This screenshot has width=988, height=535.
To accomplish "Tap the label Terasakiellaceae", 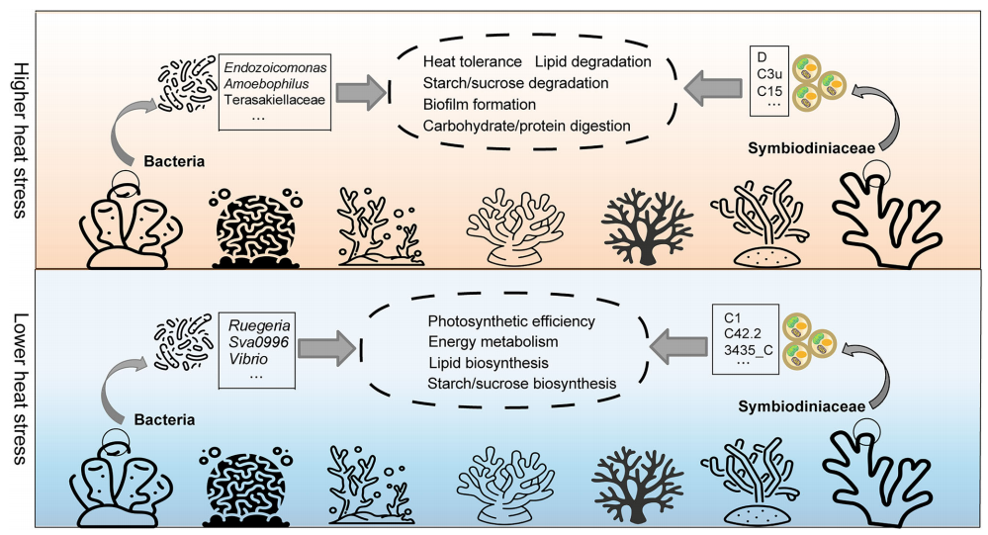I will click(x=275, y=101).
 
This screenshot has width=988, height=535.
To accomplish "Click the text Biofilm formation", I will click(x=479, y=104).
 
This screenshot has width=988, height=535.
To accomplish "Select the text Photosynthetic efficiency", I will click(x=511, y=321).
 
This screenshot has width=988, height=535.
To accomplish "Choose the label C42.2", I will click(x=742, y=335).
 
